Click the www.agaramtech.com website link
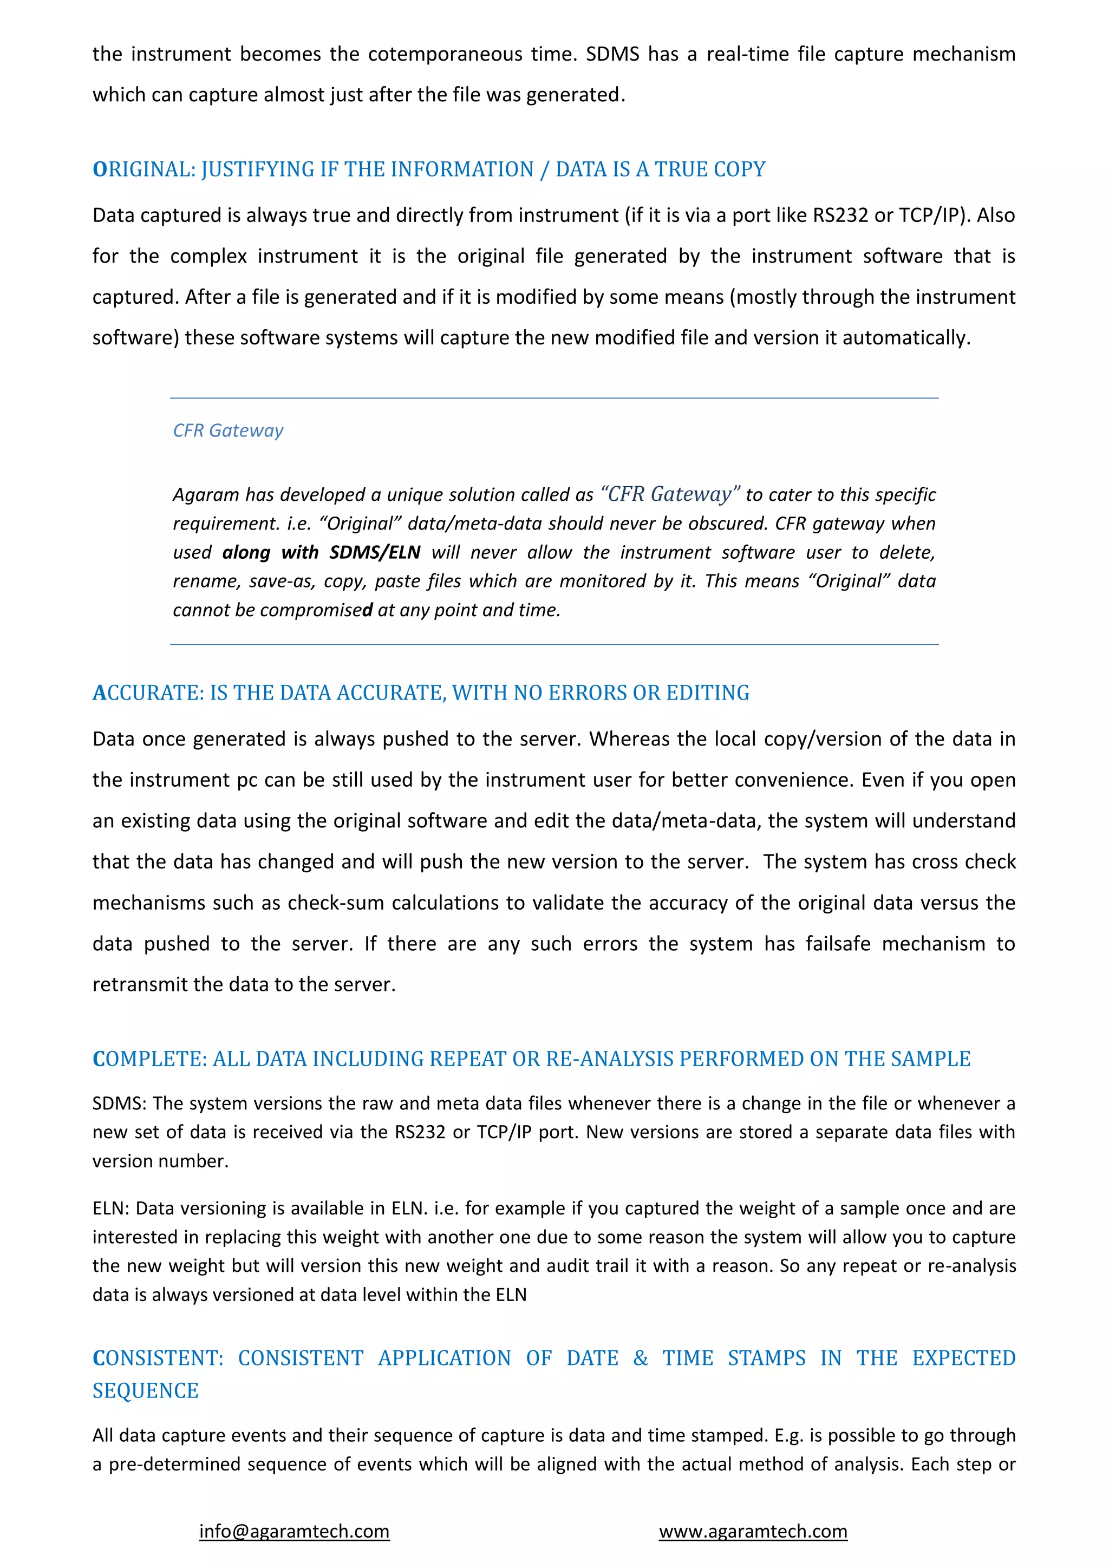753,1531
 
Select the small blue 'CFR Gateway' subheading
227,430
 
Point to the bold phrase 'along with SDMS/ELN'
321,552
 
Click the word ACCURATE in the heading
148,692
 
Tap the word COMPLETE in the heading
149,1059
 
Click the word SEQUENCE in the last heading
146,1390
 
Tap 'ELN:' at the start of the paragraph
110,1208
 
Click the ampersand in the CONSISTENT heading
640,1358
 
